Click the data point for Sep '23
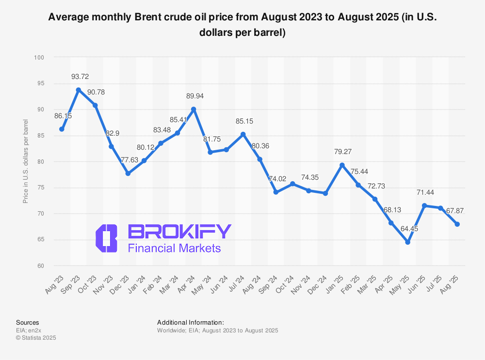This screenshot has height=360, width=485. click(x=78, y=90)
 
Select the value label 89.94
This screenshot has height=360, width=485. click(x=195, y=96)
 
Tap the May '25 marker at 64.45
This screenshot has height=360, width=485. click(x=408, y=242)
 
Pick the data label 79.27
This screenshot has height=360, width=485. click(x=342, y=152)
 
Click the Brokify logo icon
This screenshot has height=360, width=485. click(x=107, y=238)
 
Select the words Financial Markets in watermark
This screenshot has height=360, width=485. click(x=174, y=249)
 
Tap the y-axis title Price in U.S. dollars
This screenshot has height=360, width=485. click(x=26, y=162)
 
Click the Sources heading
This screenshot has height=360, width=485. click(x=27, y=322)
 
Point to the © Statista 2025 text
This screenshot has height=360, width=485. click(x=36, y=338)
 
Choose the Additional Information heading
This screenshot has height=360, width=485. click(x=191, y=322)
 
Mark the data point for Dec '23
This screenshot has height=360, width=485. click(x=128, y=173)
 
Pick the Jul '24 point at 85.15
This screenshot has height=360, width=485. click(x=243, y=134)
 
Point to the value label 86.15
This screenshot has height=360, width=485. click(x=63, y=116)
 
